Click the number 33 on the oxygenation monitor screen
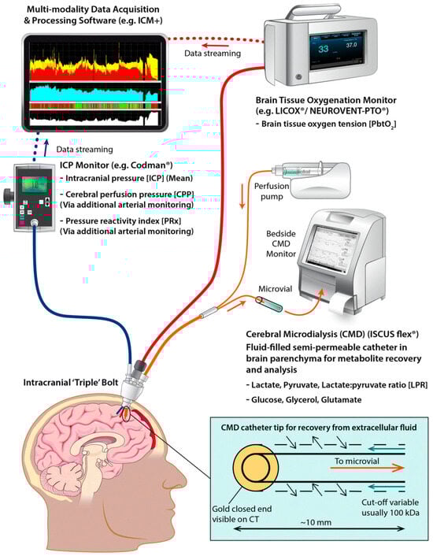(323, 49)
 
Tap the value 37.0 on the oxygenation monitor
(351, 46)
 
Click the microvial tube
(270, 304)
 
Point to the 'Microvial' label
(276, 289)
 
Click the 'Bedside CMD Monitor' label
(281, 243)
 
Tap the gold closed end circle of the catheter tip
(254, 469)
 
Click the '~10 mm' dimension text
(316, 522)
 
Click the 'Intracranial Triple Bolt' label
(71, 383)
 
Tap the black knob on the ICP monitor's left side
(8, 195)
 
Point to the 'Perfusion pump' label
(272, 191)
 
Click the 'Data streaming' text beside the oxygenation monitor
(213, 54)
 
